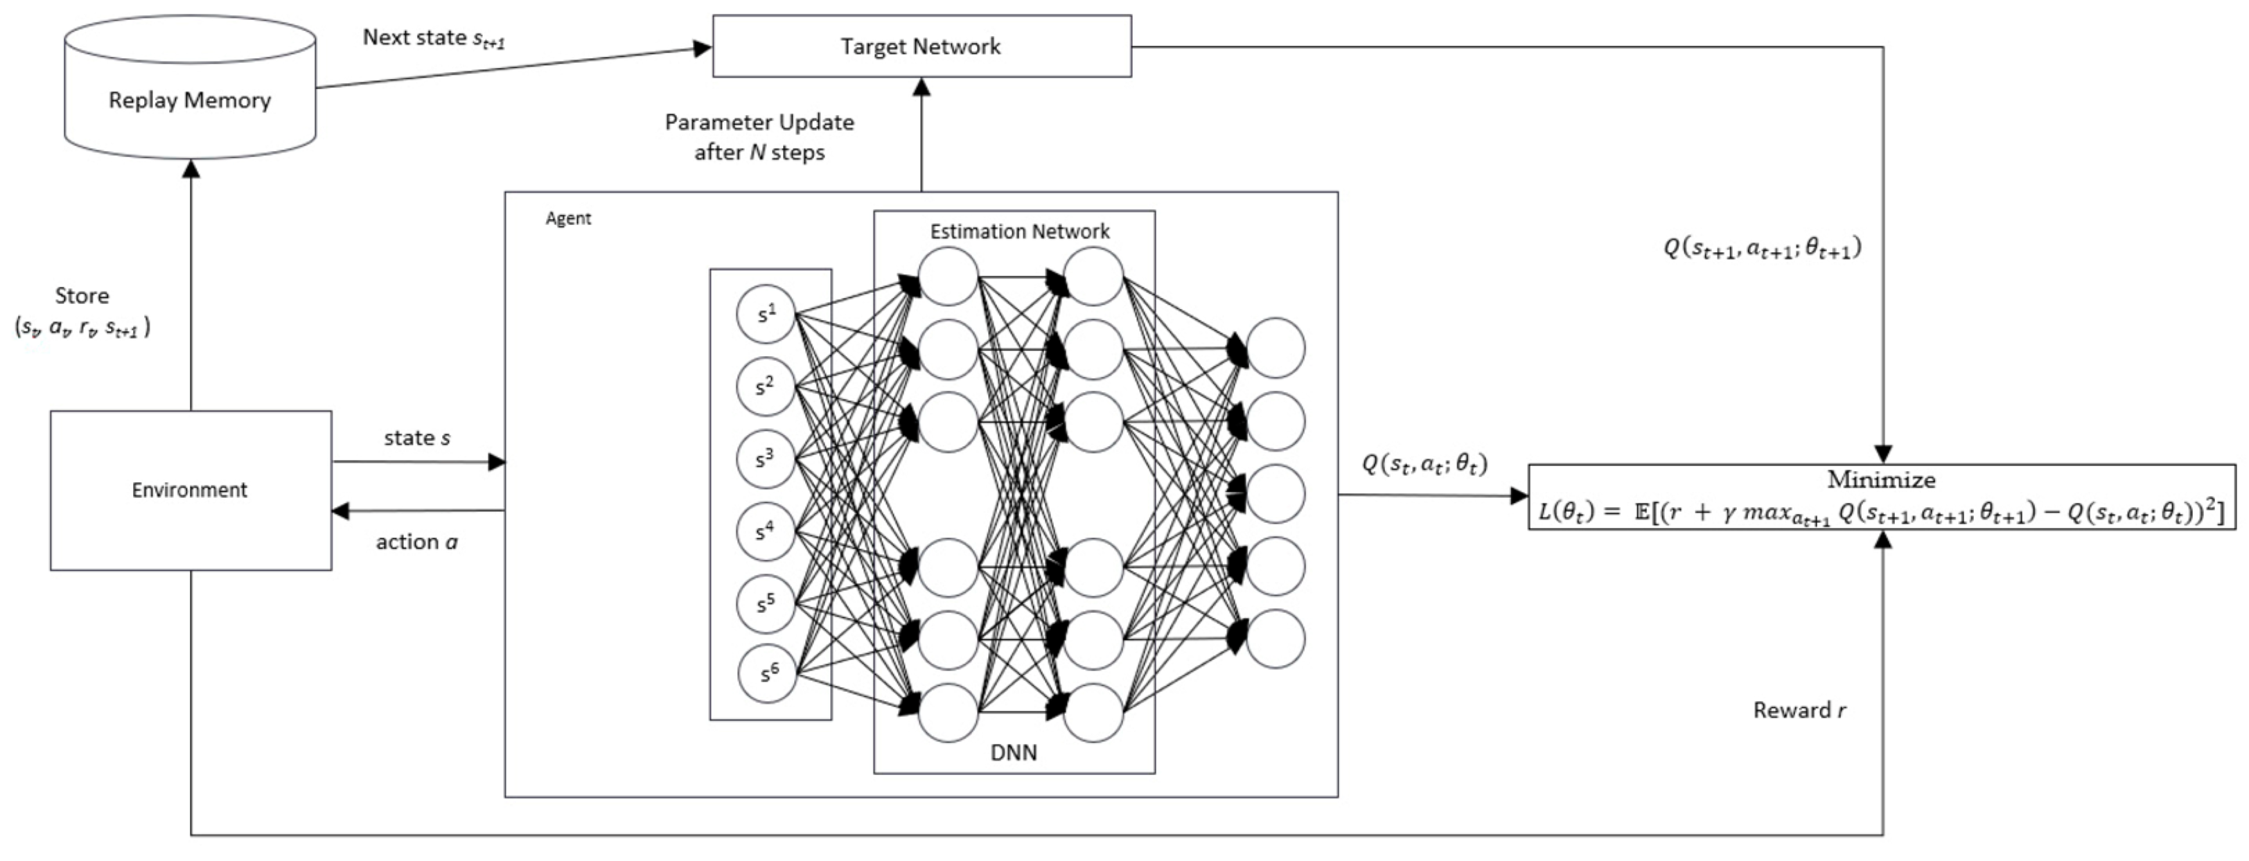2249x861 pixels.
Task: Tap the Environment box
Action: click(x=191, y=490)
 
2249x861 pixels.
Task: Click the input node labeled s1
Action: click(x=766, y=314)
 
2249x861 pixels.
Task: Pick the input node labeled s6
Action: click(x=768, y=673)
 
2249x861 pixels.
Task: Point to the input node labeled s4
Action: click(x=766, y=531)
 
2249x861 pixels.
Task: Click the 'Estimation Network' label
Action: click(x=1019, y=231)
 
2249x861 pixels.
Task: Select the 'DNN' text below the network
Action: click(x=1013, y=752)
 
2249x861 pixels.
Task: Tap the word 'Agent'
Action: click(x=567, y=218)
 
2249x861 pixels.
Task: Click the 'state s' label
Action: click(x=416, y=438)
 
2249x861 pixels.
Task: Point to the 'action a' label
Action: click(x=416, y=542)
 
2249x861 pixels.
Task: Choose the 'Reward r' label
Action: click(x=1799, y=710)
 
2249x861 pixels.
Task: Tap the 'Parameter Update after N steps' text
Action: click(x=759, y=136)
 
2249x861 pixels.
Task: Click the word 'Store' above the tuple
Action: click(x=82, y=295)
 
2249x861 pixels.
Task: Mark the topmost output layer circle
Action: click(x=1276, y=348)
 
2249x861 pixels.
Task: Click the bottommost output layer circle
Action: click(x=1276, y=639)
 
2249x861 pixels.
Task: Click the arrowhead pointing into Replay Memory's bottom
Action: click(x=191, y=168)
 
